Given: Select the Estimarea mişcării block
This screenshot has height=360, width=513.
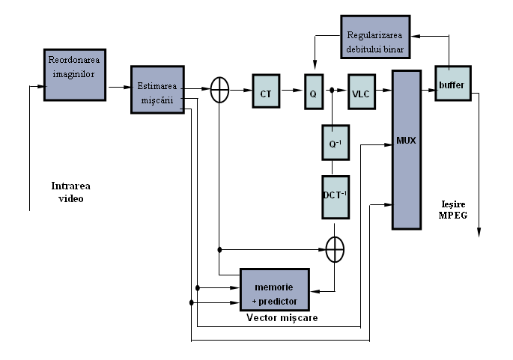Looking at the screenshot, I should pos(157,89).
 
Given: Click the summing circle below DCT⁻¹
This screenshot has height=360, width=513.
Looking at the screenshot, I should pos(336,249).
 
